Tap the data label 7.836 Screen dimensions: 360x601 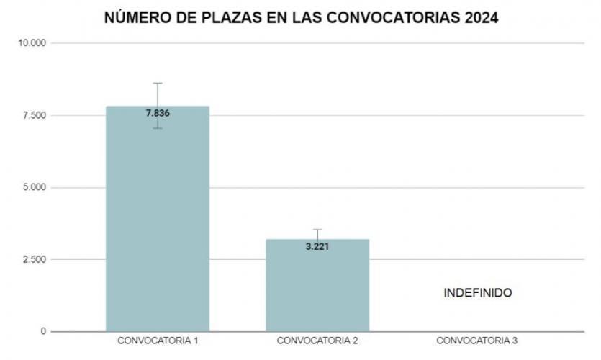click(158, 113)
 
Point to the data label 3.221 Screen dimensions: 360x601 click(317, 246)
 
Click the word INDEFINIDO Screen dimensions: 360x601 click(477, 294)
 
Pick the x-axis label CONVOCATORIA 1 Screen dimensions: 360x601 click(158, 341)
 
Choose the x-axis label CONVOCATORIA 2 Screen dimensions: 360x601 click(317, 341)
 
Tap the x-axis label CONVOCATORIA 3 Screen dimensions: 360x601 click(477, 341)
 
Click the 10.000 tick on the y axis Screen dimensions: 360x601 click(32, 43)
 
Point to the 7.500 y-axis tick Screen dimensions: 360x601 click(35, 115)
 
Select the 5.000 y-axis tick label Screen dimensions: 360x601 click(35, 187)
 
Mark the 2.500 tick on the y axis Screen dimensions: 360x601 click(35, 259)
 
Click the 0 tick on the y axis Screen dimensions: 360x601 click(43, 331)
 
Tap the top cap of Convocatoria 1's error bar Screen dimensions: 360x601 click(158, 84)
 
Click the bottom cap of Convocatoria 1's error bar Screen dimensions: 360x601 click(158, 128)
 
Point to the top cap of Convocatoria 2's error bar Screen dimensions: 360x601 click(317, 230)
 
